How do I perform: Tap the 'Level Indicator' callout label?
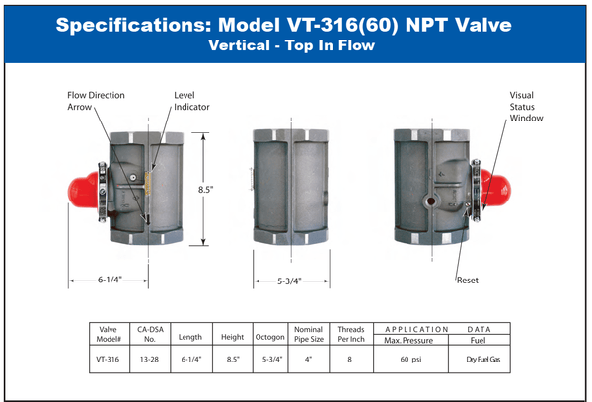point(188,101)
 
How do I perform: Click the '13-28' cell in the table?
point(147,361)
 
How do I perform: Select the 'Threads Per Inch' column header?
point(351,334)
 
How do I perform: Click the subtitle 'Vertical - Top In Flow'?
point(295,45)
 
